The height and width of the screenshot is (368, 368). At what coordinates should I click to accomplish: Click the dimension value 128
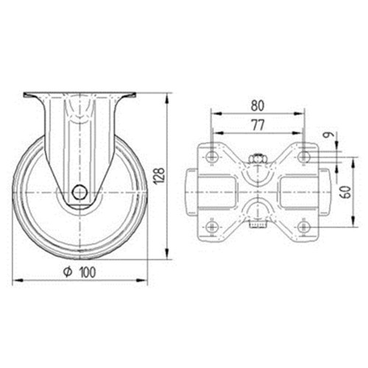pyautogui.click(x=159, y=176)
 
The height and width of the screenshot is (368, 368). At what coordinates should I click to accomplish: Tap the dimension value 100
pyautogui.click(x=88, y=272)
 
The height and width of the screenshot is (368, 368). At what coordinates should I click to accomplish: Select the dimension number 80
pyautogui.click(x=258, y=106)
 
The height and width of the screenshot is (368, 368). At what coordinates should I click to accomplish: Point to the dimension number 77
pyautogui.click(x=258, y=125)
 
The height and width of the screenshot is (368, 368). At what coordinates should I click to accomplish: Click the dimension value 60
pyautogui.click(x=345, y=191)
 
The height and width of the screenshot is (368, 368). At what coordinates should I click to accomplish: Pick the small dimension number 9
pyautogui.click(x=330, y=135)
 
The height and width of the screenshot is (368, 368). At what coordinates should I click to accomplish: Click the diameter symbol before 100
pyautogui.click(x=68, y=272)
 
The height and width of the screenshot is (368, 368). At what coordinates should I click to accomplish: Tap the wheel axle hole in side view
pyautogui.click(x=79, y=192)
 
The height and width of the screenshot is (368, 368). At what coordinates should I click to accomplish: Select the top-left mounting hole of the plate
pyautogui.click(x=211, y=156)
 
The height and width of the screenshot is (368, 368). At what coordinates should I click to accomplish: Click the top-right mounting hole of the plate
pyautogui.click(x=304, y=156)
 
